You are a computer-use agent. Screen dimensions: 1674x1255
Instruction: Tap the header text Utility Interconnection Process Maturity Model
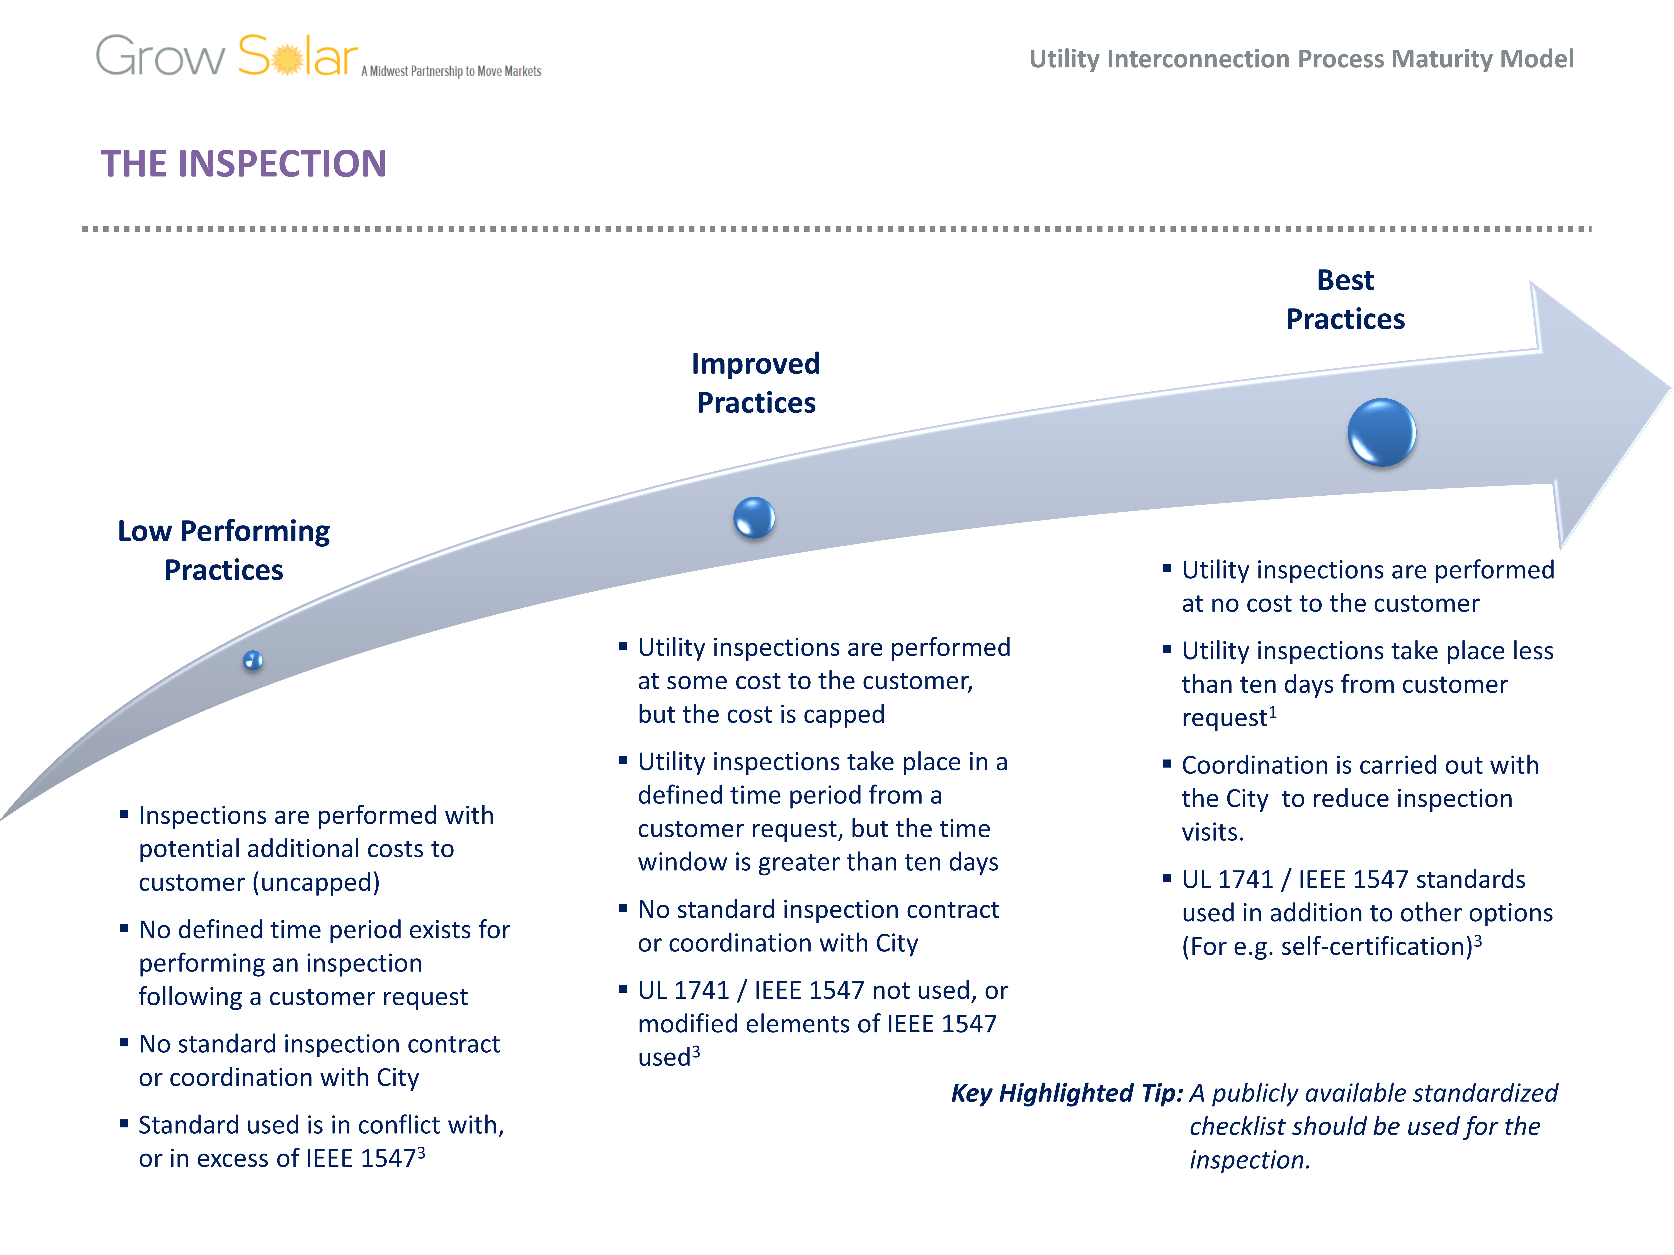click(1301, 59)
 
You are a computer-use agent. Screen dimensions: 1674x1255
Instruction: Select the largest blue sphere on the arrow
click(1381, 432)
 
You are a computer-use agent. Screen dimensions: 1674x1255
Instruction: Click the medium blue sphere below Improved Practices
click(754, 517)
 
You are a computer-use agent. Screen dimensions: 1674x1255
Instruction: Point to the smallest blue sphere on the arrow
click(253, 660)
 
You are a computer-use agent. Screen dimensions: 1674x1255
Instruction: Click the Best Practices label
click(1345, 300)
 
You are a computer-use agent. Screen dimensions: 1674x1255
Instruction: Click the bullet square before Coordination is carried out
click(1167, 764)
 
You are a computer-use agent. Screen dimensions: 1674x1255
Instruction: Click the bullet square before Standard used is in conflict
click(123, 1124)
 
